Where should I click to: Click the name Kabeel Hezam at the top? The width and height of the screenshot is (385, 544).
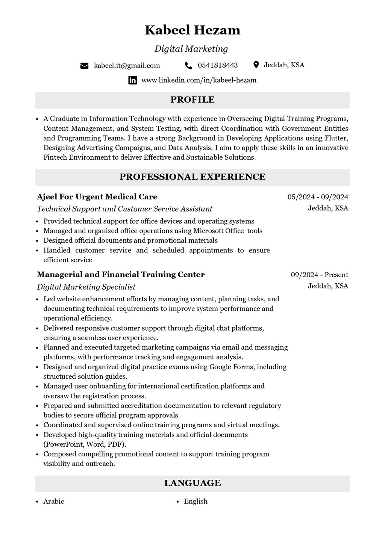click(x=192, y=30)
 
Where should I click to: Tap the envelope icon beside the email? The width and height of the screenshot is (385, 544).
click(x=84, y=66)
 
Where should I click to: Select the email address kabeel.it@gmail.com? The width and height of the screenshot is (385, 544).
click(x=127, y=66)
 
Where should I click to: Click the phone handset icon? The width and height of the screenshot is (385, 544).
click(x=188, y=66)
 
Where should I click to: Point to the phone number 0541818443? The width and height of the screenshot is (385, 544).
click(x=218, y=65)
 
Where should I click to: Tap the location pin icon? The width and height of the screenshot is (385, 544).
click(x=256, y=65)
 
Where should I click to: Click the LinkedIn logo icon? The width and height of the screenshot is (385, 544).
click(x=133, y=80)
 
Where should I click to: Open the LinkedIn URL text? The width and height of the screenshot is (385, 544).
click(x=199, y=80)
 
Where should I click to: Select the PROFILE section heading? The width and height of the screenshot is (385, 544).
click(x=192, y=100)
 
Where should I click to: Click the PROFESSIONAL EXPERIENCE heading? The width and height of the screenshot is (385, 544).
click(x=192, y=177)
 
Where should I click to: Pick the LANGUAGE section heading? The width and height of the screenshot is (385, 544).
click(x=192, y=483)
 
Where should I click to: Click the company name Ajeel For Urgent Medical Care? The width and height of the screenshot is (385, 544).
click(x=97, y=197)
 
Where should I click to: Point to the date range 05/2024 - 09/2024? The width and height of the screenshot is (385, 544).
click(x=318, y=197)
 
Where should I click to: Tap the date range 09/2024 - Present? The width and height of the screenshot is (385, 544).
click(x=319, y=275)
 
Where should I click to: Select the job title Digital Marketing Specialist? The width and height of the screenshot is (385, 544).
click(x=86, y=287)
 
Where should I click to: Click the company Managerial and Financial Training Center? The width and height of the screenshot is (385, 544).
click(x=121, y=275)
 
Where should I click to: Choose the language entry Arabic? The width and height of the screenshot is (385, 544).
click(x=54, y=502)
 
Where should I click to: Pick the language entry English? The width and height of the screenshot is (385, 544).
click(x=196, y=502)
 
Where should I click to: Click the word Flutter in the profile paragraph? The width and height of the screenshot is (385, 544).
click(x=336, y=138)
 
